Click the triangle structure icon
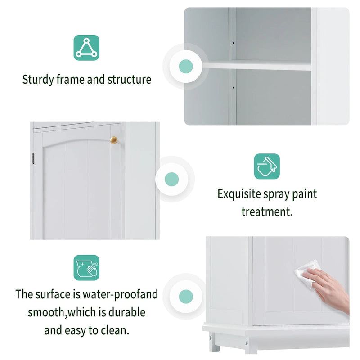pyautogui.click(x=86, y=48)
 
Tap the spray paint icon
pyautogui.click(x=267, y=166)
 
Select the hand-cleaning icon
pyautogui.click(x=86, y=268)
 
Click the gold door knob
pyautogui.click(x=113, y=140)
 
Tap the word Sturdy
pyautogui.click(x=38, y=81)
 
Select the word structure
pyautogui.click(x=129, y=81)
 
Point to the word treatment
pyautogui.click(x=267, y=211)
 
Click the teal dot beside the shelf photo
pyautogui.click(x=186, y=67)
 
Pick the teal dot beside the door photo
pyautogui.click(x=172, y=179)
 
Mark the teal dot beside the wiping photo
pyautogui.click(x=186, y=297)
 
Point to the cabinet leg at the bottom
pyautogui.click(x=215, y=347)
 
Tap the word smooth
pyautogui.click(x=45, y=312)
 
